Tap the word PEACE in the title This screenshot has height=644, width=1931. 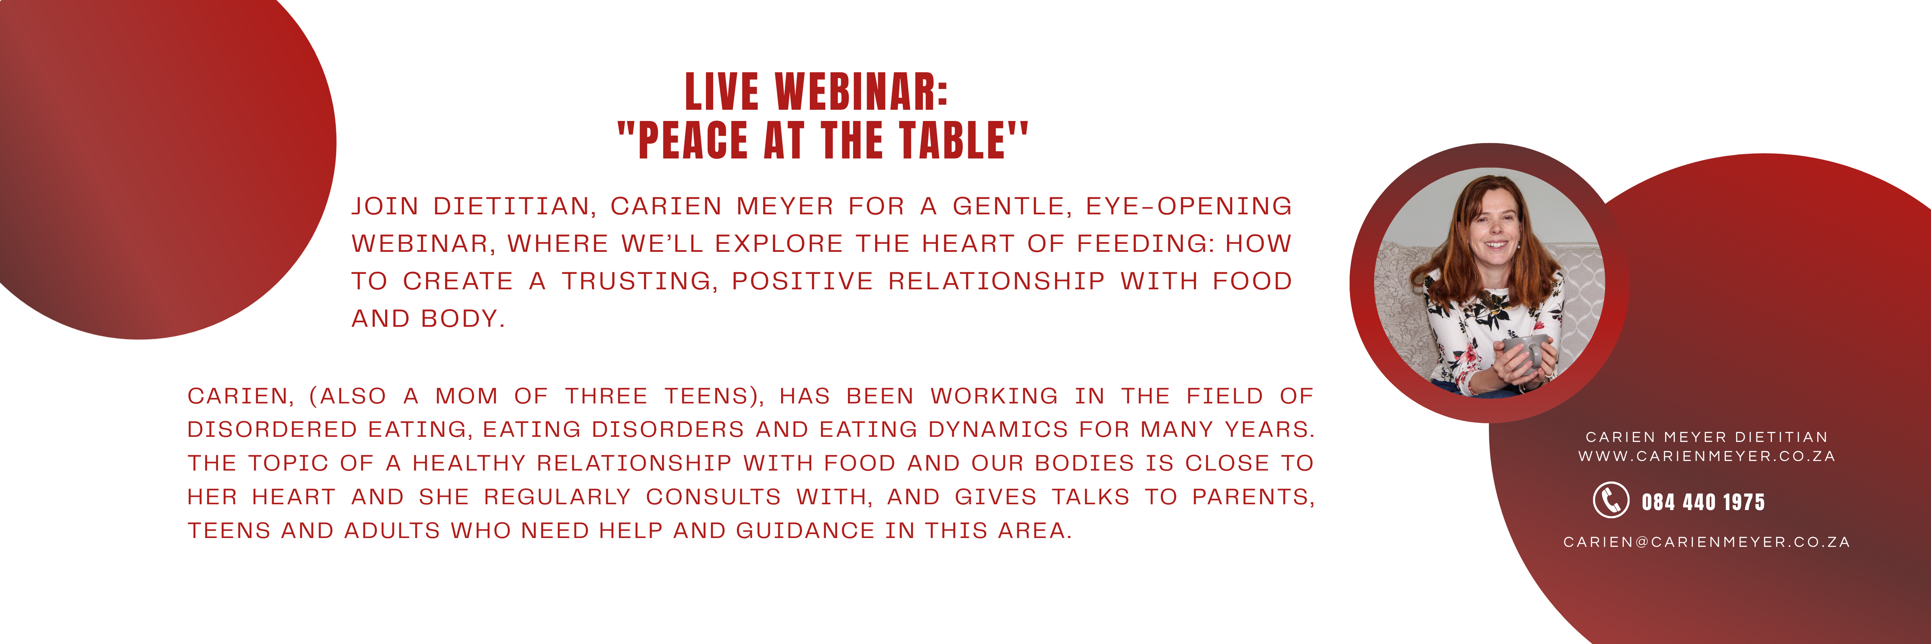point(694,140)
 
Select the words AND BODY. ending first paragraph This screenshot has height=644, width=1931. point(428,319)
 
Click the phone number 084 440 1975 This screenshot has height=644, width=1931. point(1703,502)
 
